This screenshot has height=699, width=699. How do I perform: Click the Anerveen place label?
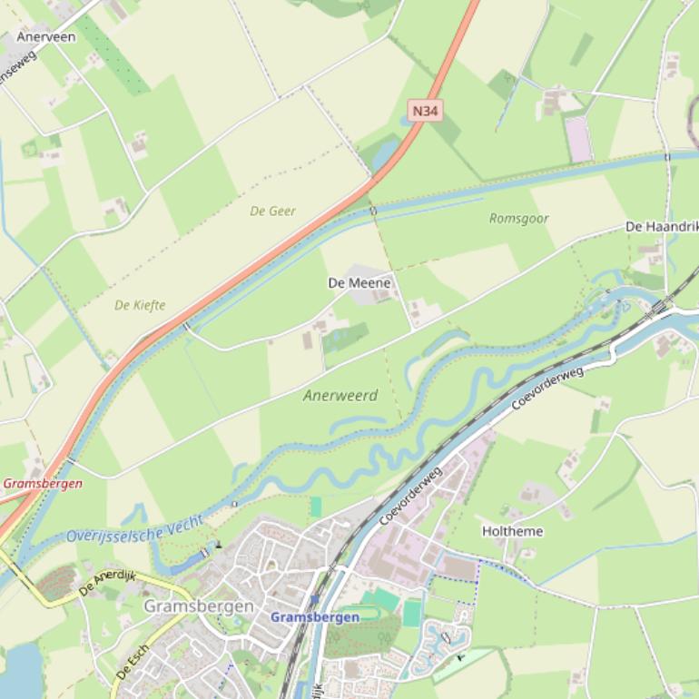pos(45,37)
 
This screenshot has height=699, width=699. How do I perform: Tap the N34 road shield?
pos(425,111)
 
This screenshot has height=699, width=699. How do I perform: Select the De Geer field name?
pos(272,211)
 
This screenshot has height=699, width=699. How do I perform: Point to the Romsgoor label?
pos(518,218)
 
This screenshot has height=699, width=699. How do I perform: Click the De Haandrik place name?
pos(661,226)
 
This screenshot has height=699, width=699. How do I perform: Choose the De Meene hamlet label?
pos(359,283)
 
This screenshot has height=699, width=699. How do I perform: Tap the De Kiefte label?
pos(140,305)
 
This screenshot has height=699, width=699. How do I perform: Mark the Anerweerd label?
pos(340,396)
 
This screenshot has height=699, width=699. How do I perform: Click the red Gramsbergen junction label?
pos(42,483)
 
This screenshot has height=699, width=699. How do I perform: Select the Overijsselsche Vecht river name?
pos(134,527)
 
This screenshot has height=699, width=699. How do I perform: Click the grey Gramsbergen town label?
pos(199,605)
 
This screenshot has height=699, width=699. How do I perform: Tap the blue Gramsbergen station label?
pos(314,616)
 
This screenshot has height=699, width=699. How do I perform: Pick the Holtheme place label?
pos(512,531)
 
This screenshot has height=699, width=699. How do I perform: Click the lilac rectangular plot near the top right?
pos(578,139)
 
